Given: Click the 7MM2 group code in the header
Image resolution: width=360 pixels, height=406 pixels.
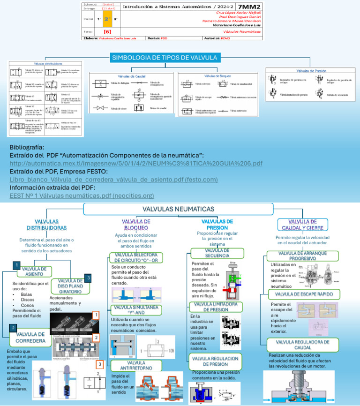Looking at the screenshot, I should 249,7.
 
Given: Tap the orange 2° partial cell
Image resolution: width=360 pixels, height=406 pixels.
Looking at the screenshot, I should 106,19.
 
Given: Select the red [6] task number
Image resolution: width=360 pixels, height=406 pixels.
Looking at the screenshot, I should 107,31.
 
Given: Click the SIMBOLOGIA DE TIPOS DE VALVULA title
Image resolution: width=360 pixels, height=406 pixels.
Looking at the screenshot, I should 165,58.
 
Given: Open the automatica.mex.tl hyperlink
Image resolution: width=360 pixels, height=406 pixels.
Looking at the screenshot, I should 136,163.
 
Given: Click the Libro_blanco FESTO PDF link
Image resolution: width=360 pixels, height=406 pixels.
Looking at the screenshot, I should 113,179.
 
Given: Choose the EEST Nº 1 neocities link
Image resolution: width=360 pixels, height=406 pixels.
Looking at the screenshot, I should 82,195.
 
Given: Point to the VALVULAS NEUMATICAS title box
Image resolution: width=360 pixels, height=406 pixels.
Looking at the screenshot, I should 178,209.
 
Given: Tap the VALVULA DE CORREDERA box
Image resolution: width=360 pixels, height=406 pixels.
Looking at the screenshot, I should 30,338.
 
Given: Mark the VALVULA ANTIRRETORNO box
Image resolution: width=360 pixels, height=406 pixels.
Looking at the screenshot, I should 136,366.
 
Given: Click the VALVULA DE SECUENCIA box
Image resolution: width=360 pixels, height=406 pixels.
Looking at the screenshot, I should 217,253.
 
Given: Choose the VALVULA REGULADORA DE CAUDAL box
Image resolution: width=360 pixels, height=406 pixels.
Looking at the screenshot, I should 303,345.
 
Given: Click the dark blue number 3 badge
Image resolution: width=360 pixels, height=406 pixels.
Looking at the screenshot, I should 88,278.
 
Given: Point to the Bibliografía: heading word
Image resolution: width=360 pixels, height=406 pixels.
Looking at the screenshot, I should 27,147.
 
